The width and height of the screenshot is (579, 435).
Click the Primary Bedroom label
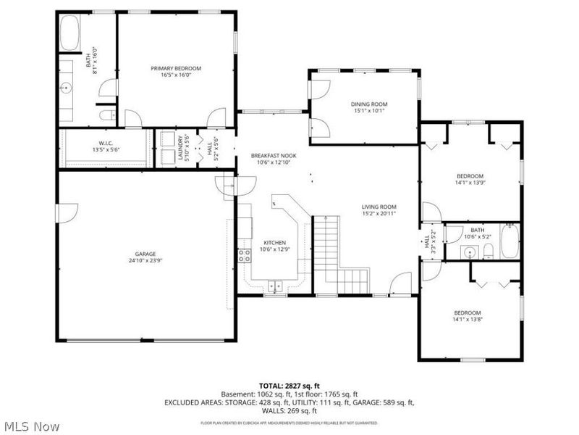176,68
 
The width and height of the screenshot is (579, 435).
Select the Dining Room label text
364,104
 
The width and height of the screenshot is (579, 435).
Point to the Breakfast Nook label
274,156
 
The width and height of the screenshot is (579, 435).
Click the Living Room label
379,207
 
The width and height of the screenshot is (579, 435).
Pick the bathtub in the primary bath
70,33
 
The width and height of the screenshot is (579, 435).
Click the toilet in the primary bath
106,115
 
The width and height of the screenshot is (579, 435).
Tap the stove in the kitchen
245,254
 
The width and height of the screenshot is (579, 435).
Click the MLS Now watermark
30,426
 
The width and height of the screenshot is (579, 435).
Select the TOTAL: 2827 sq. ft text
289,386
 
